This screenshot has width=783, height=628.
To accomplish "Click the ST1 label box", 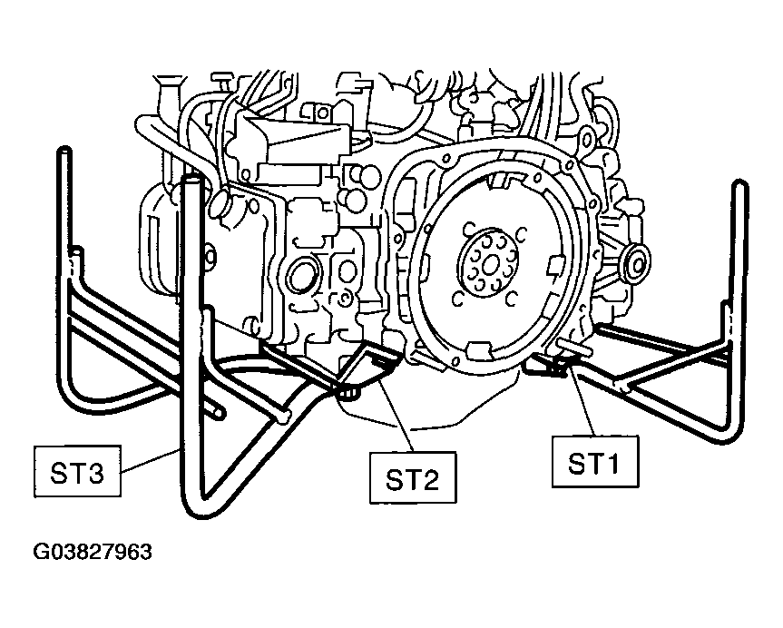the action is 595,462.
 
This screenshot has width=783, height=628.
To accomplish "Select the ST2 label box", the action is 413,478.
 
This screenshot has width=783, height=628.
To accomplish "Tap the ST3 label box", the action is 77,472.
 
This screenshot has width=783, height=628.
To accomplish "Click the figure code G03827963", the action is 93,552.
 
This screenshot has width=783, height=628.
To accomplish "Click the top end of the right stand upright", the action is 739,185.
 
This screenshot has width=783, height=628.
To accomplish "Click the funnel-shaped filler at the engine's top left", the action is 166,82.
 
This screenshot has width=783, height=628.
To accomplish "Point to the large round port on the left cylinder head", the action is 300,275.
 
